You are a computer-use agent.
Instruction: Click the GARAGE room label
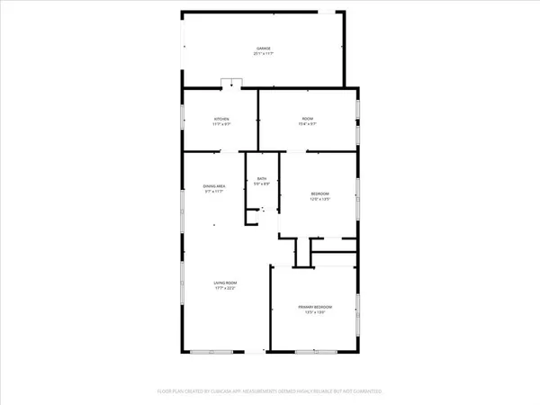(262, 49)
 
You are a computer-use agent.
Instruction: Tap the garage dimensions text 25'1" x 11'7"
(262, 54)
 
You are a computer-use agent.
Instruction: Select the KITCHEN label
(220, 119)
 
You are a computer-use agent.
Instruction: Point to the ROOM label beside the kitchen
(307, 119)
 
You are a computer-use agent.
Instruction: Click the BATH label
(262, 179)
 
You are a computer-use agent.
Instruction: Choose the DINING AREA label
(214, 186)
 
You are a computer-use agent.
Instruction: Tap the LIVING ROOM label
(224, 283)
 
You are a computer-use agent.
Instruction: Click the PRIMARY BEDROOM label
(316, 307)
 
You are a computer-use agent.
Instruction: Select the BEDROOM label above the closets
(320, 194)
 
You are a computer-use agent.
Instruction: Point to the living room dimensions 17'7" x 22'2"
(224, 289)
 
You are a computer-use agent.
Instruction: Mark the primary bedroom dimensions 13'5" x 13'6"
(316, 312)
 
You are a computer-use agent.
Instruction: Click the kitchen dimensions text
(220, 124)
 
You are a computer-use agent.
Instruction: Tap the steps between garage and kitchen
(232, 85)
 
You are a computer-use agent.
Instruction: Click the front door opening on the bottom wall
(262, 351)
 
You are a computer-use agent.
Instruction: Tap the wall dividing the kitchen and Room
(258, 119)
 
